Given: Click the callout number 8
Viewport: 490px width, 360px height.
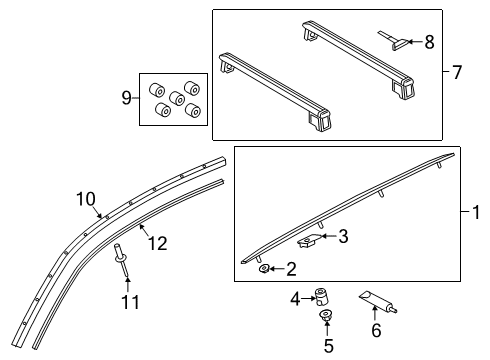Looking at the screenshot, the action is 429,42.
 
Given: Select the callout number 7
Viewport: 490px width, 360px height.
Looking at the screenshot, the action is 457,72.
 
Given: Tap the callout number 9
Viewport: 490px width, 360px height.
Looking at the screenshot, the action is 126,98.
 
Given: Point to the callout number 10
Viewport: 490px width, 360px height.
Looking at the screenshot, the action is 86,199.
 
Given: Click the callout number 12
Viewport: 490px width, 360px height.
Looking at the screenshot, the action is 158,243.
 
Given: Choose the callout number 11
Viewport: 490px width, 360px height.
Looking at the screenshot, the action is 130,302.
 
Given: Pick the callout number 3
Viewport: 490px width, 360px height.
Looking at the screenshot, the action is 343,236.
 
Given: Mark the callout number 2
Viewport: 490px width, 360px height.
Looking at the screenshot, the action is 291,269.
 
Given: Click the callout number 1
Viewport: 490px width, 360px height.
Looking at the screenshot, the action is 476,212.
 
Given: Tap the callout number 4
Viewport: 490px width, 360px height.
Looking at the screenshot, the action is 295,299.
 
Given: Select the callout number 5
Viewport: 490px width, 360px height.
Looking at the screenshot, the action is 329,346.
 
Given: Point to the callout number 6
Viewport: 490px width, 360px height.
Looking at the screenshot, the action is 376,330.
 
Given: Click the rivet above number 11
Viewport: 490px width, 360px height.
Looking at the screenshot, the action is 121,260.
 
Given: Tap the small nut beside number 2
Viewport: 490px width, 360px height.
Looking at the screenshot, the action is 264,268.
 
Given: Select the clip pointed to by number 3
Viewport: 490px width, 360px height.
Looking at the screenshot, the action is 307,240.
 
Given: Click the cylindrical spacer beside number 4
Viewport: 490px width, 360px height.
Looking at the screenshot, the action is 321,296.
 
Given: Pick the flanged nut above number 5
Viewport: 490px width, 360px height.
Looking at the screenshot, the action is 326,315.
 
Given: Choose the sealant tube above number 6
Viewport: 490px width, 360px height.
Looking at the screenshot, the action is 378,302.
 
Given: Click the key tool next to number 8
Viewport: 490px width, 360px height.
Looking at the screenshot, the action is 393,41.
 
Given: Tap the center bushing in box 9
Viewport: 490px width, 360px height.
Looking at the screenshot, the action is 177,98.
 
